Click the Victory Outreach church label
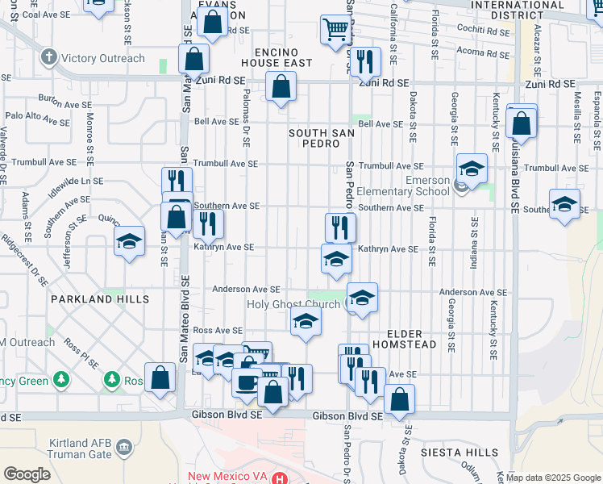(x=103, y=58)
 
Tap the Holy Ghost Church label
(x=293, y=304)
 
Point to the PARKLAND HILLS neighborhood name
(x=100, y=298)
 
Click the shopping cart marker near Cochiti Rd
(x=335, y=29)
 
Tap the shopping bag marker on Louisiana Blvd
(x=522, y=123)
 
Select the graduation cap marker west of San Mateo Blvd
(x=129, y=241)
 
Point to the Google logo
(x=27, y=474)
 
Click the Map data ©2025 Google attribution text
(x=553, y=478)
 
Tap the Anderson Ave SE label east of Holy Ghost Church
(x=473, y=292)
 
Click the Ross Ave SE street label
(x=218, y=331)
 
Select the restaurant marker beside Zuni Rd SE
(x=365, y=60)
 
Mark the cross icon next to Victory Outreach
(x=48, y=57)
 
